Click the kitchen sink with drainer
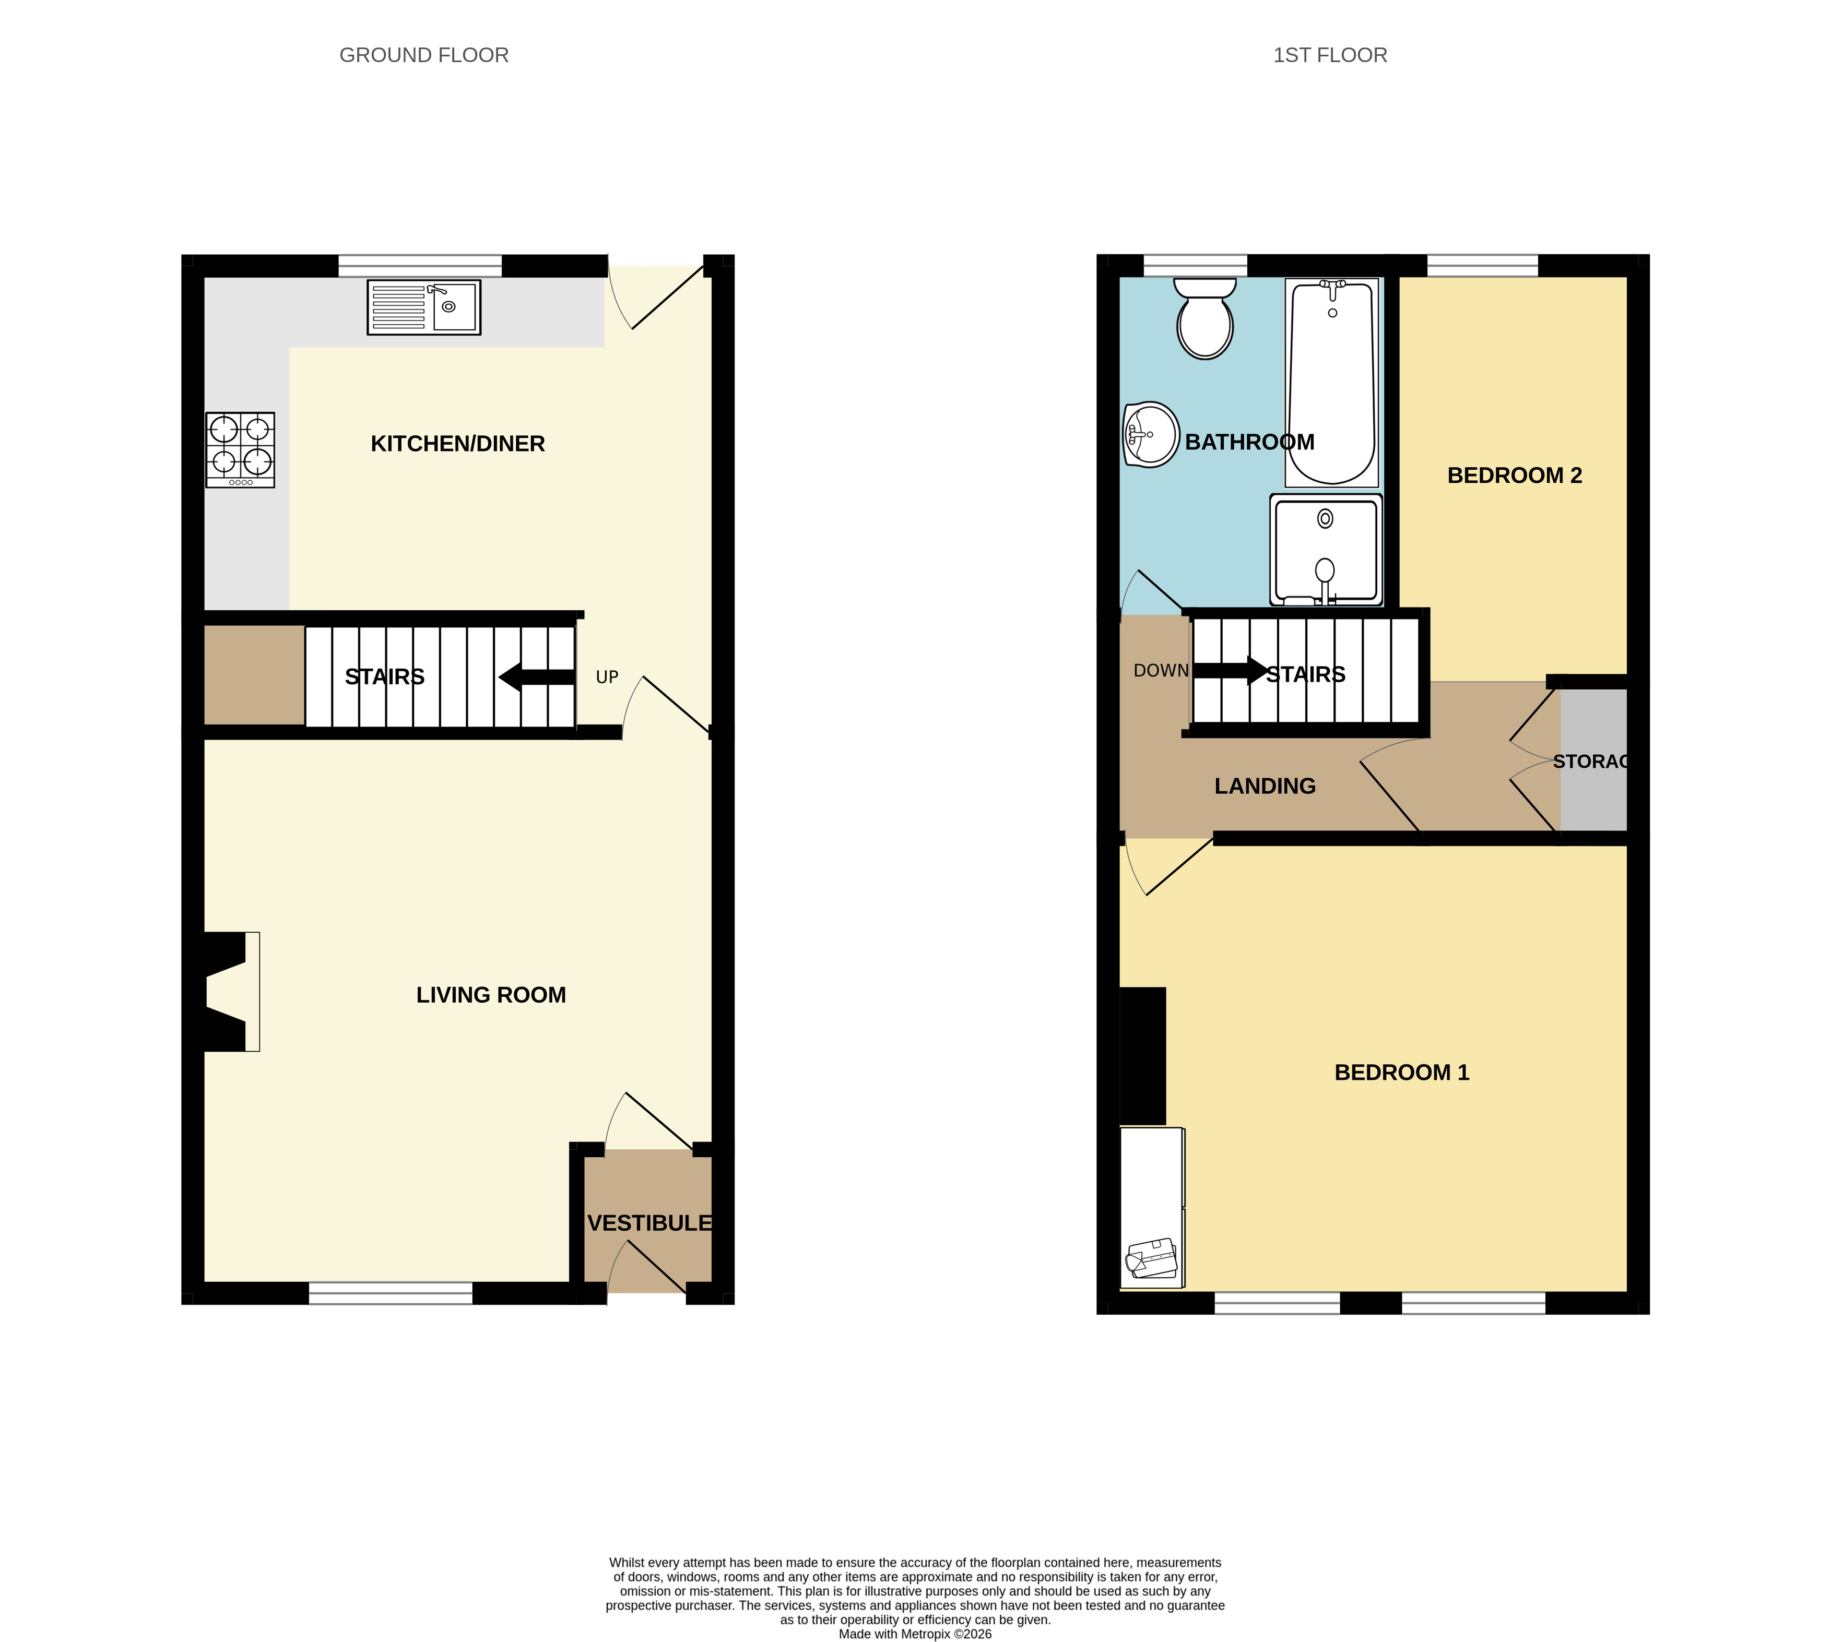(423, 307)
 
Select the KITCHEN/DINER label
(457, 444)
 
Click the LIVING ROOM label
(491, 995)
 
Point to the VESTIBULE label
(649, 1223)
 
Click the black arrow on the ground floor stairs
(537, 676)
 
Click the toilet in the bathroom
(1204, 317)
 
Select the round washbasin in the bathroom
(1151, 435)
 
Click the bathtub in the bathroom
(1332, 383)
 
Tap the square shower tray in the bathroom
(1326, 550)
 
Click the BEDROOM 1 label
(1401, 1073)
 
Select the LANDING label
(1265, 787)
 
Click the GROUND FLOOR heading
(424, 55)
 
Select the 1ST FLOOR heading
(1330, 55)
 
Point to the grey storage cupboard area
(1593, 759)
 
